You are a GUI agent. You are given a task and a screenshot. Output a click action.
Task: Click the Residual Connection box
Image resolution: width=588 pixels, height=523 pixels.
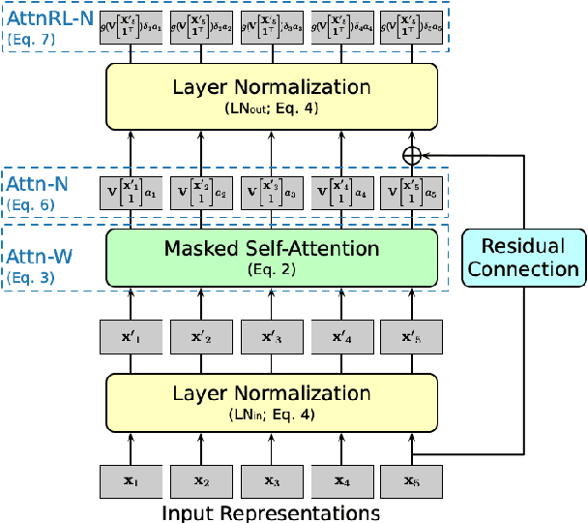[523, 257]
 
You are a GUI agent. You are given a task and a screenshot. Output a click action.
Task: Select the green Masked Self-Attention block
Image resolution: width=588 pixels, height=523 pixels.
[272, 256]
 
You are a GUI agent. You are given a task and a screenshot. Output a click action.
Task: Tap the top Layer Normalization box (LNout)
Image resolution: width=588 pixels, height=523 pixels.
[272, 95]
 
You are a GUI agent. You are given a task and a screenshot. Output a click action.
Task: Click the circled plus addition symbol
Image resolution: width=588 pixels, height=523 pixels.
[413, 154]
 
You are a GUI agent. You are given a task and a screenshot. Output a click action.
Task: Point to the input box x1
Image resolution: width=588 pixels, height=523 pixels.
[132, 481]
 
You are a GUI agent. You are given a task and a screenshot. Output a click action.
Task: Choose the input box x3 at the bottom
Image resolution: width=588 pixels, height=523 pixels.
[272, 481]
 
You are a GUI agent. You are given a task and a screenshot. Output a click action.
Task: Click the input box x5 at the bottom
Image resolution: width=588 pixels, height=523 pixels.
[412, 481]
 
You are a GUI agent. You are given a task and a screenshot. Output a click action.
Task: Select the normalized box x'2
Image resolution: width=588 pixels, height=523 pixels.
[201, 338]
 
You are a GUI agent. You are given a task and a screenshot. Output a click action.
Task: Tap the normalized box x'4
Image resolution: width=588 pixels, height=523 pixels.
[342, 338]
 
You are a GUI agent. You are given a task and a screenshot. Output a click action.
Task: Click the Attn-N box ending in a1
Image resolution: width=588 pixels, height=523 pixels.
[132, 193]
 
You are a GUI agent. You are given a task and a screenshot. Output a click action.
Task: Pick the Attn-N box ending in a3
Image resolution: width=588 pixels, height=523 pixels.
[272, 193]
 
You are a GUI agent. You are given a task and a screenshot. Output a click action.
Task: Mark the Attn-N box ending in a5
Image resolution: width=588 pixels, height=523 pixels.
[412, 193]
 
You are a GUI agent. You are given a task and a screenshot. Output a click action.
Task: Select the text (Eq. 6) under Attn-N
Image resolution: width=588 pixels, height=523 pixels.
[32, 204]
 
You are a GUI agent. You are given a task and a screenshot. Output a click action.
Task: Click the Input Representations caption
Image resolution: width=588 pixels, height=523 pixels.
[272, 512]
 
